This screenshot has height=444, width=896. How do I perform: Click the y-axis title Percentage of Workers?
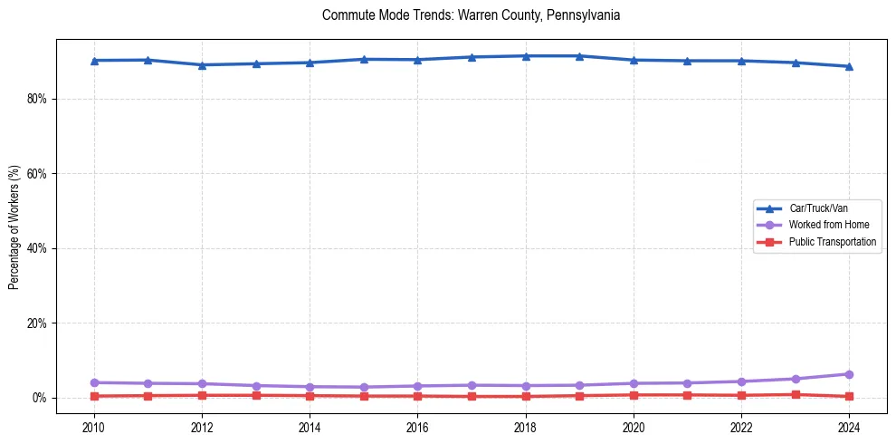click(14, 227)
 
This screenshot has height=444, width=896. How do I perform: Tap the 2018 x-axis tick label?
click(526, 427)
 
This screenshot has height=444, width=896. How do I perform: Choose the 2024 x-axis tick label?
click(849, 427)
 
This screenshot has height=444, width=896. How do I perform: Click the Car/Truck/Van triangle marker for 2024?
click(849, 66)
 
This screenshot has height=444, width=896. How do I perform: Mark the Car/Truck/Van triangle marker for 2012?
click(202, 65)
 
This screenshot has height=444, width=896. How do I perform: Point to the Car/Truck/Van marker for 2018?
click(526, 56)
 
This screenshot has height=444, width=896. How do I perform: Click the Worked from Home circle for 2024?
click(849, 374)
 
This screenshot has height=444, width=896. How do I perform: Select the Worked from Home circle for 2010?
click(94, 382)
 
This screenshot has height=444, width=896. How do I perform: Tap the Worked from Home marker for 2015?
click(364, 387)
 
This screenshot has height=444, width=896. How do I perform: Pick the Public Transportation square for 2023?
click(796, 394)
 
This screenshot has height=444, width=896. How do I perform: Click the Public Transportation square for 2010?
click(94, 396)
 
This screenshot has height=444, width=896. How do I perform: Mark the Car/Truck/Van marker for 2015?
click(364, 59)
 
